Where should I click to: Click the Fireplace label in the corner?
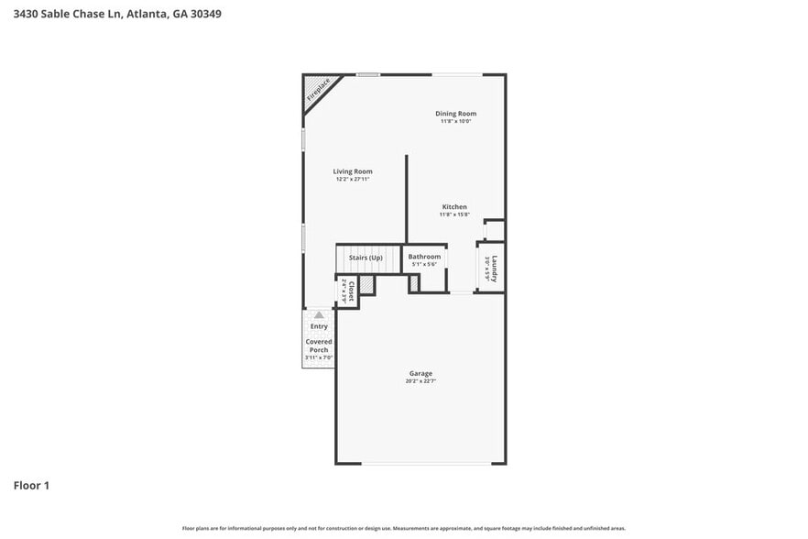click(x=318, y=90)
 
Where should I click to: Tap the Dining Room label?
click(x=455, y=114)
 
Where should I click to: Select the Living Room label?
click(x=353, y=171)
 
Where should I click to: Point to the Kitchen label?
click(x=454, y=207)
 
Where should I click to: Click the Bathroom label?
click(x=424, y=257)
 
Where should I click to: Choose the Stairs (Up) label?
click(x=366, y=258)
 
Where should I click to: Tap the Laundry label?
click(x=494, y=268)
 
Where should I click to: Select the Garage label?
click(x=420, y=373)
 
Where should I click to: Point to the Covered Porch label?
click(x=319, y=346)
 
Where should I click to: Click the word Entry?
click(x=319, y=326)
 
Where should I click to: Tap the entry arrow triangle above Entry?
click(x=319, y=314)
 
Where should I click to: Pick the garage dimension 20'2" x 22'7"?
click(x=420, y=380)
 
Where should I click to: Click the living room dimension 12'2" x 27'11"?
click(x=353, y=180)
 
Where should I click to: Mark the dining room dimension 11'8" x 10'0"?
click(x=455, y=121)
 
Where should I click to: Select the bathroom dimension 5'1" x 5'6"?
click(x=424, y=265)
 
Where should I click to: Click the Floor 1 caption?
click(x=31, y=485)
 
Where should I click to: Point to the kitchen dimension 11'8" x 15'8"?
click(x=454, y=215)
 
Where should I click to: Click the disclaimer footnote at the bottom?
click(x=404, y=528)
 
